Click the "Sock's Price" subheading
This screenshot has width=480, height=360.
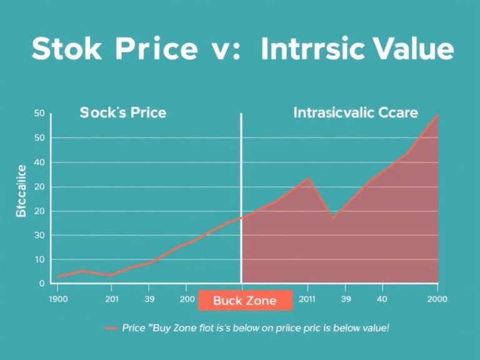pos(122,113)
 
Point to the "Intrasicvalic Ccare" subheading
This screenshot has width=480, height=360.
pos(356,113)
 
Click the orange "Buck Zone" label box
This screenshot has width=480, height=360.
pos(245,301)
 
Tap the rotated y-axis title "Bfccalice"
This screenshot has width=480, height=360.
pos(21,192)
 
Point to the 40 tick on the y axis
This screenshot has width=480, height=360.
pos(39,162)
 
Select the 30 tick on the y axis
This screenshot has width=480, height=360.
pos(39,236)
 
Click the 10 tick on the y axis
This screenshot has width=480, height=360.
pos(39,259)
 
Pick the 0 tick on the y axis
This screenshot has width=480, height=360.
pos(41,284)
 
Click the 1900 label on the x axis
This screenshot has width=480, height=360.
pos(57,299)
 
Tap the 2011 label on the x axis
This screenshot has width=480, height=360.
pos(307,299)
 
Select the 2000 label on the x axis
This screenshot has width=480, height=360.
pos(437,299)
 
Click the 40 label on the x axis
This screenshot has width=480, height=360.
pos(382,299)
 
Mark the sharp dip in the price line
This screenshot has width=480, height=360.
pos(333,218)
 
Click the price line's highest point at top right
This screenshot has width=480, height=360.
pos(437,114)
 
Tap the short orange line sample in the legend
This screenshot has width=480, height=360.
pos(112,327)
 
